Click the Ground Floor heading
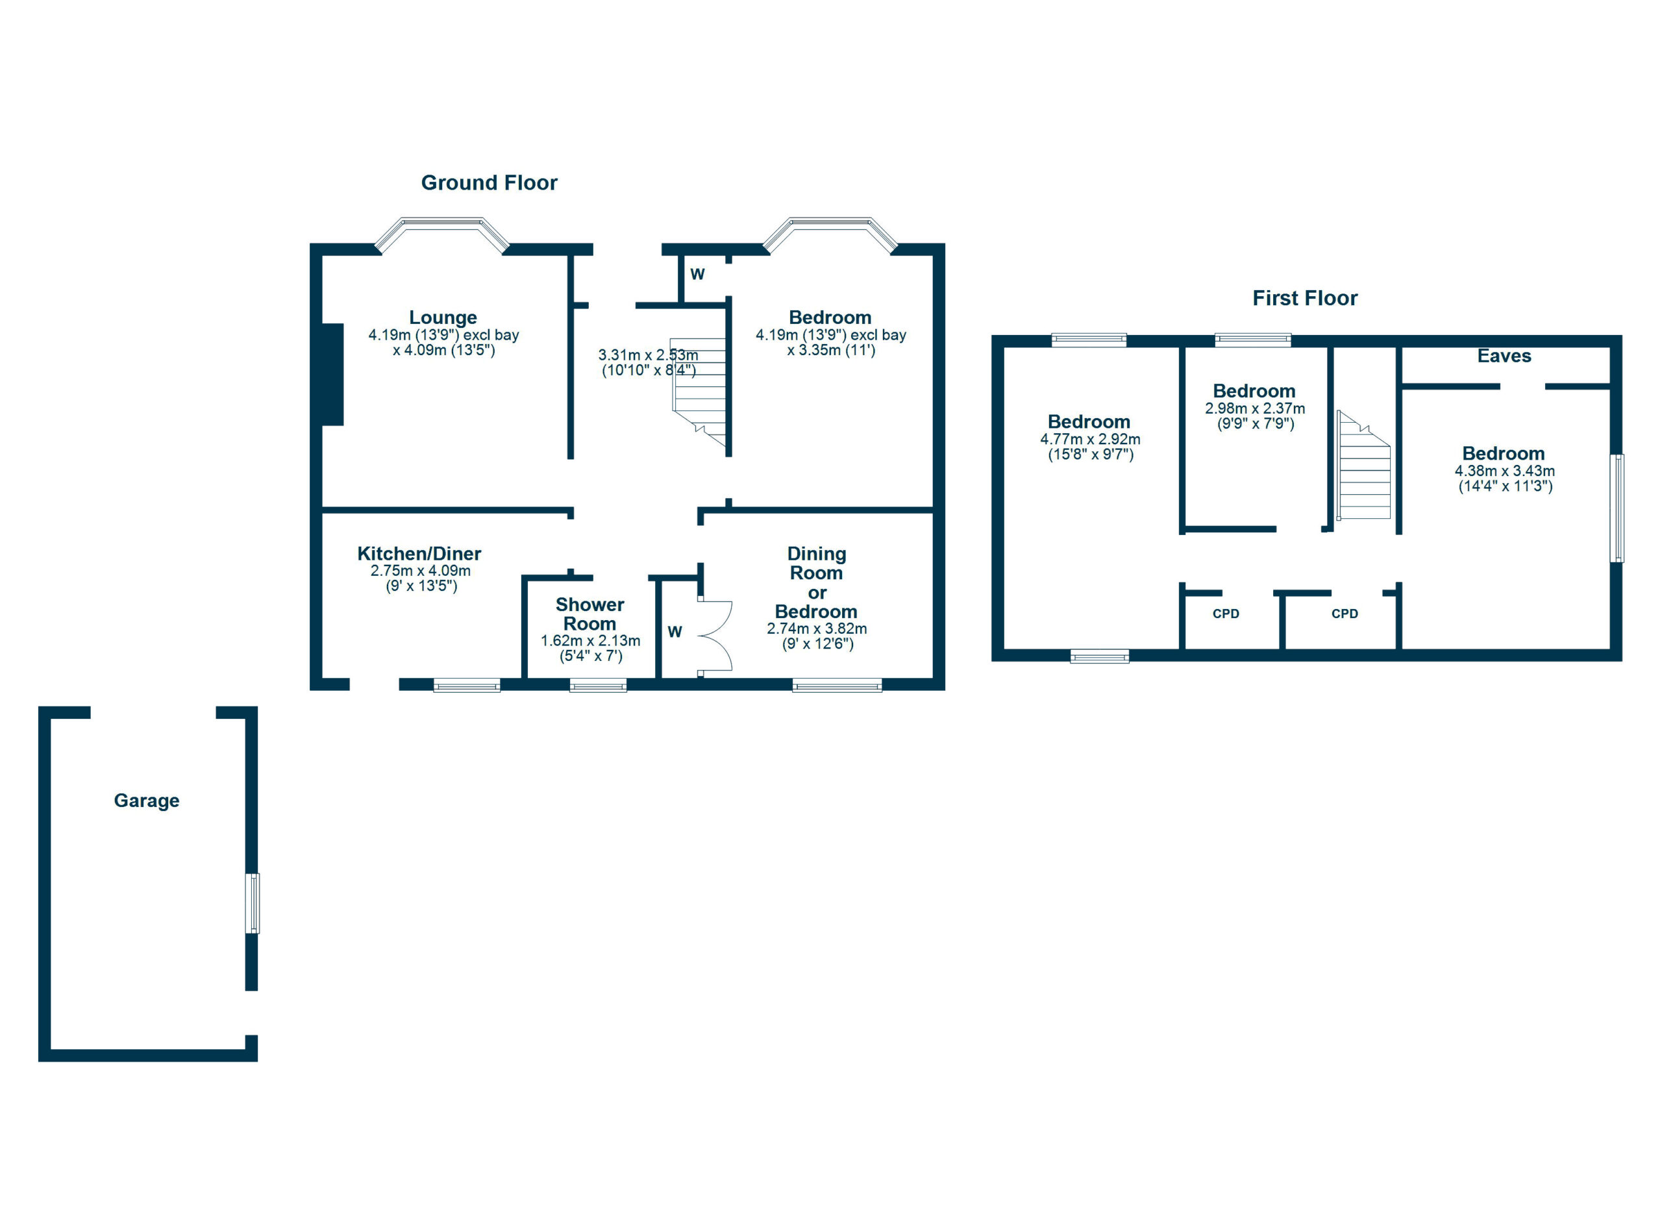point(489,182)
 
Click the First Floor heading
point(1304,298)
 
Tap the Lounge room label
point(443,318)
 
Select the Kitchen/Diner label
point(419,553)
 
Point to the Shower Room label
point(590,614)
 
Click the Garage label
point(147,800)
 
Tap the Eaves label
point(1504,356)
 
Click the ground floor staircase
point(701,395)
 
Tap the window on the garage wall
point(252,903)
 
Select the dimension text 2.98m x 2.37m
point(1254,408)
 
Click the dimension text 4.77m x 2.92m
point(1089,439)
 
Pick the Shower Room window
point(598,686)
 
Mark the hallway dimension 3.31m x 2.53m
point(648,355)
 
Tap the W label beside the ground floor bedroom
point(697,274)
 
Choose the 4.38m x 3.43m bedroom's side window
point(1617,508)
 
